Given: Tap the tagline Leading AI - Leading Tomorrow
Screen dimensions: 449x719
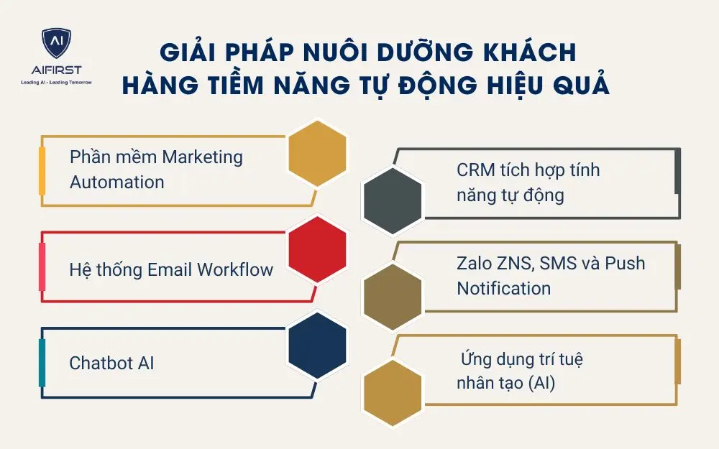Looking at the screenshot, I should (x=56, y=83).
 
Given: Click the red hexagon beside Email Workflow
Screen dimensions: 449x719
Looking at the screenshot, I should (x=317, y=249).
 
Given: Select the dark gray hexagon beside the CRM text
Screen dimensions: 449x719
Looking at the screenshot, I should (x=392, y=201).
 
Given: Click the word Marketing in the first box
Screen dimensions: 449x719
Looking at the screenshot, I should (x=203, y=157).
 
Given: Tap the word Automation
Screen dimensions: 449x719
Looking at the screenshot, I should (x=116, y=182).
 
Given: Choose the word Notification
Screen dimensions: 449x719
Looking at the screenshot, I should (x=503, y=288).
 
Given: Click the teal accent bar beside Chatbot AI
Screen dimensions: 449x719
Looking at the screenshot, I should (x=42, y=363).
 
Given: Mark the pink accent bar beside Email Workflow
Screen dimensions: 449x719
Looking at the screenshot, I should (x=42, y=267).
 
